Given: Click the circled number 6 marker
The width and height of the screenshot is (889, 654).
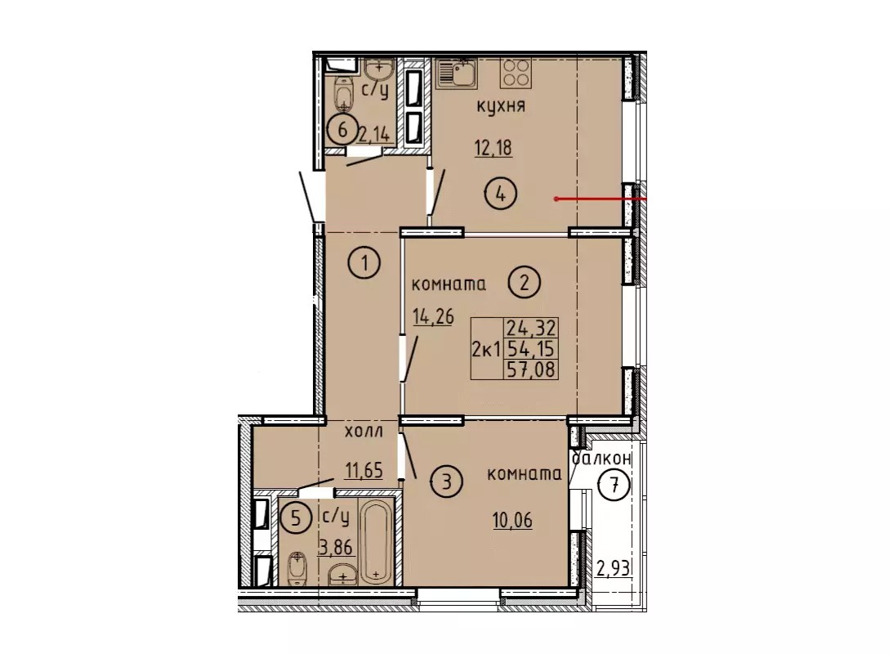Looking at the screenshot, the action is (x=342, y=131).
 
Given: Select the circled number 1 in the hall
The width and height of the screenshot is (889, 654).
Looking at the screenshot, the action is (x=364, y=263).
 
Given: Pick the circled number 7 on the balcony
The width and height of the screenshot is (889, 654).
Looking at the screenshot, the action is (x=614, y=486).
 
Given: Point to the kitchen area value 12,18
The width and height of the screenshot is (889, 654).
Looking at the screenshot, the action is (x=493, y=149).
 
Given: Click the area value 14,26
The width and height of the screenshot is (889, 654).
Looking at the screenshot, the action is (x=433, y=316).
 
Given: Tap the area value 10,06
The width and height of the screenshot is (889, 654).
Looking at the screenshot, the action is (x=512, y=520).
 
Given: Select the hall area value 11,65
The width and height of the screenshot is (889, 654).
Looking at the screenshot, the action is (x=364, y=470).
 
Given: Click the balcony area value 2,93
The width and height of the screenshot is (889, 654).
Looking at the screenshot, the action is (x=613, y=567).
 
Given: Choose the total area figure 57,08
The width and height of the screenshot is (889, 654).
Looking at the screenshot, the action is (x=531, y=370).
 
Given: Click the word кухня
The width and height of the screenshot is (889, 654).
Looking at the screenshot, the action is (x=501, y=106).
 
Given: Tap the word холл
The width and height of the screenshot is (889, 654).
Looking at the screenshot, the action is (x=364, y=431).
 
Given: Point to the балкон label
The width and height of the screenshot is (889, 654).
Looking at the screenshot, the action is (x=601, y=458).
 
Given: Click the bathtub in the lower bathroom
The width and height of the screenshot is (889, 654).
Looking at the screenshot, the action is (x=376, y=541).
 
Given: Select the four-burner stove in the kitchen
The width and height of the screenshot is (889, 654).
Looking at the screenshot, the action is (x=516, y=73).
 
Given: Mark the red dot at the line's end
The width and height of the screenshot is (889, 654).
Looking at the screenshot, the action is (x=556, y=199).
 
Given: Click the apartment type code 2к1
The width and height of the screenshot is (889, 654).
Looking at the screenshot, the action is (x=486, y=349).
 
